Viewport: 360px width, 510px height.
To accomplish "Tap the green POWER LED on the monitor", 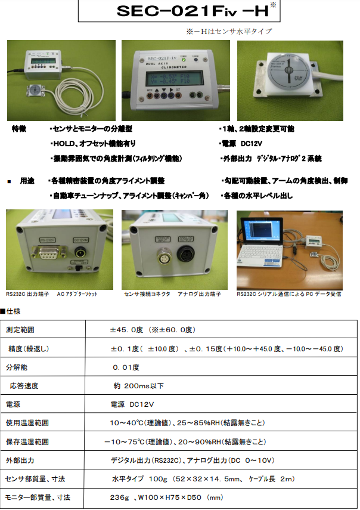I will pyautogui.click(x=184, y=60).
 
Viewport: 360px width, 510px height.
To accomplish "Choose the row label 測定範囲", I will pyautogui.click(x=21, y=330).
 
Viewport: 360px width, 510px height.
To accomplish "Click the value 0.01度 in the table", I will pyautogui.click(x=126, y=367).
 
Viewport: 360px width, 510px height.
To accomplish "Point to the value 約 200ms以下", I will pyautogui.click(x=138, y=386).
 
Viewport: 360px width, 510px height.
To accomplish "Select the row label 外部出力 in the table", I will pyautogui.click(x=21, y=460).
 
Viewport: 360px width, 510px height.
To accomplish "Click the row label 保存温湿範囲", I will pyautogui.click(x=28, y=442).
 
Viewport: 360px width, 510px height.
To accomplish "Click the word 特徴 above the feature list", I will pyautogui.click(x=20, y=129).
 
